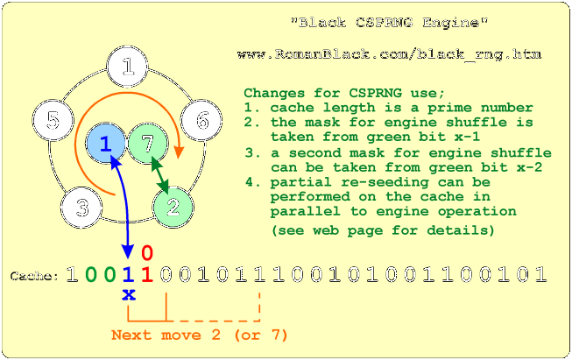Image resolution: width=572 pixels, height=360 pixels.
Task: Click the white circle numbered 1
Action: point(129,67)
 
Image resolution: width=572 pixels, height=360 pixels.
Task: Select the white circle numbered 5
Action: point(53,120)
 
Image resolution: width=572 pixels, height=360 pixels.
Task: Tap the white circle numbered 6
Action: point(202,120)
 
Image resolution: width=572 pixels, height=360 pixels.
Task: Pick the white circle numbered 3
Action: point(82,208)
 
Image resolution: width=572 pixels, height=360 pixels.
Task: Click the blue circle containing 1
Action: point(105,143)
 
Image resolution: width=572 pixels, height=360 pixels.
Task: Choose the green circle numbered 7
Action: point(147,143)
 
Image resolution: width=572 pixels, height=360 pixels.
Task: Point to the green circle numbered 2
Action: point(173,207)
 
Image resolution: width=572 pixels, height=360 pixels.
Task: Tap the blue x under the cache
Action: point(129,294)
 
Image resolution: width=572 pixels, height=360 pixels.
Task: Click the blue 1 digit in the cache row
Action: point(129,274)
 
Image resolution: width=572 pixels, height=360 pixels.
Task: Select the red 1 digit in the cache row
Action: point(147,274)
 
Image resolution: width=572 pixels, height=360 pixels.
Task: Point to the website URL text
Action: point(389,54)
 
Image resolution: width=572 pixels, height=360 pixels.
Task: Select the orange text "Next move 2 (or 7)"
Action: point(200,335)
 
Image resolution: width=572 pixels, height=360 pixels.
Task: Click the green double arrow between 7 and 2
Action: point(160,175)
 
